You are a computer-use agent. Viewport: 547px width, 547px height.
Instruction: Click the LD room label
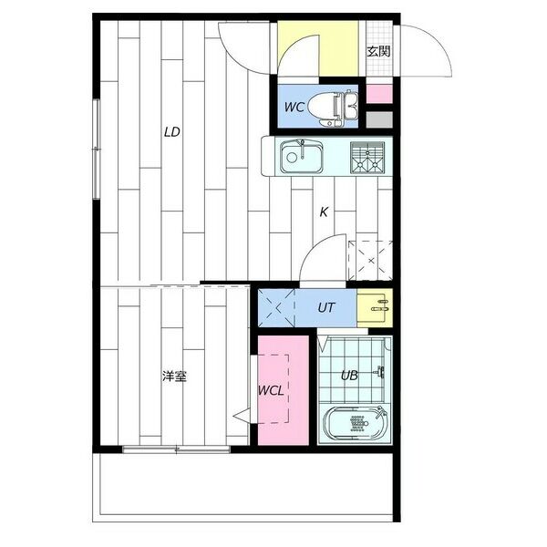coord(172,132)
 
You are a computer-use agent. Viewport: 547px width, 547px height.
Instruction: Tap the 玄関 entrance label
coord(378,51)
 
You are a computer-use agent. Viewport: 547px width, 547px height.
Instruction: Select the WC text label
coord(294,107)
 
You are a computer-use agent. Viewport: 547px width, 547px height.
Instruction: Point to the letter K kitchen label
coord(324,212)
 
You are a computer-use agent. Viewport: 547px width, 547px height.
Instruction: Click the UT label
coord(326,307)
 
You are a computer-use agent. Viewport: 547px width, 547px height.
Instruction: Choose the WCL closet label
coord(271,391)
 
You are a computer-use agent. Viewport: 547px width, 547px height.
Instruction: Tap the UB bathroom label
coord(349,376)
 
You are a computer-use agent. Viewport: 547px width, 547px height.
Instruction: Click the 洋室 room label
coord(174,376)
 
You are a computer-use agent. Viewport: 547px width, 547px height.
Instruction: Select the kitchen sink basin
coord(302,157)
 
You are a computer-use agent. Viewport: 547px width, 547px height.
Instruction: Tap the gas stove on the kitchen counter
coord(367,158)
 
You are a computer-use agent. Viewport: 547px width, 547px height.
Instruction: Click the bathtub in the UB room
coord(355,424)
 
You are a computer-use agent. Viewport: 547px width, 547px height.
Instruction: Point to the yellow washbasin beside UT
coord(375,308)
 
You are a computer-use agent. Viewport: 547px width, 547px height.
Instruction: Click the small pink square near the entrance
coord(379,94)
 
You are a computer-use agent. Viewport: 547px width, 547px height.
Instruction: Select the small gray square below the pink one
coord(379,119)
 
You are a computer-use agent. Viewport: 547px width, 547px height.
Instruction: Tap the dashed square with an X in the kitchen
coord(370,260)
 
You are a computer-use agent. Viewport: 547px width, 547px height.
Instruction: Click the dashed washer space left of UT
coord(276,308)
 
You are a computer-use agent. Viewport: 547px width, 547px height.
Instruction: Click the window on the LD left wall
coord(97,150)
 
